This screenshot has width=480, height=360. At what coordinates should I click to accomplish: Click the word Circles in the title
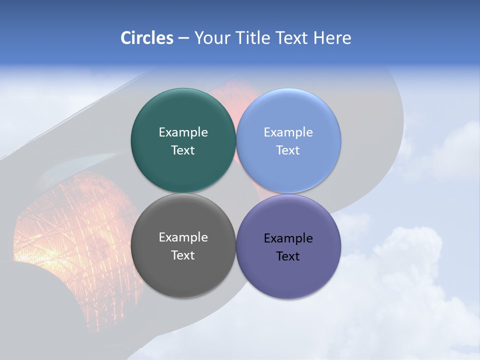pos(146,38)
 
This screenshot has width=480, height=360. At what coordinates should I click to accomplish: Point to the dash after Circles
pos(183,38)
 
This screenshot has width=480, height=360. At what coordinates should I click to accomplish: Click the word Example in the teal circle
pos(183,132)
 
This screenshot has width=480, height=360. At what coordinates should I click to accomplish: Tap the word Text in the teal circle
pos(183,150)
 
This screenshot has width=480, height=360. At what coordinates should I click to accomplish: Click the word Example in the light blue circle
pos(288,132)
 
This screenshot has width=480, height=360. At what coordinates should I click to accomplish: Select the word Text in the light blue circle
pos(288,150)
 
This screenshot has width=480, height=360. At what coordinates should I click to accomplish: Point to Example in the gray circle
pos(183,237)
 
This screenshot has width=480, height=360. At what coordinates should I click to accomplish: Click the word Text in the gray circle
pos(183,255)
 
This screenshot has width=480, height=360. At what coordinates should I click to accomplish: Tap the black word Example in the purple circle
pos(288,238)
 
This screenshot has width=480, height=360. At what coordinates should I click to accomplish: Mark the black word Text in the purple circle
pos(288,256)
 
